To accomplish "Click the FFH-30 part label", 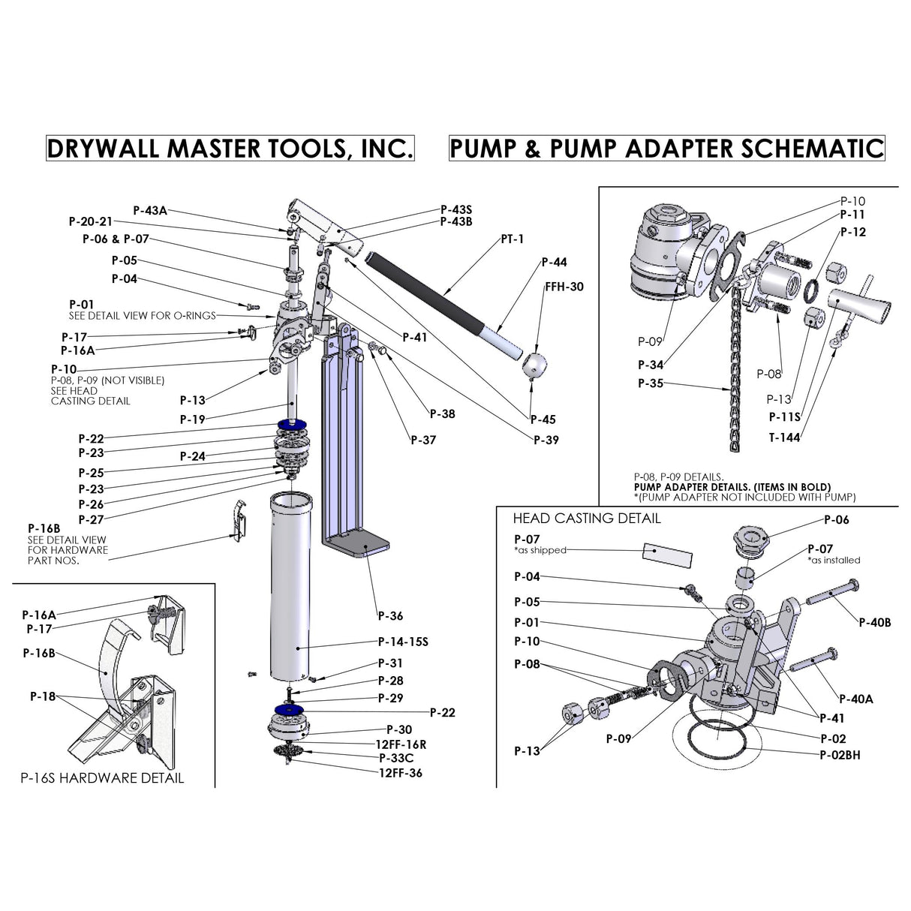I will point(564,287).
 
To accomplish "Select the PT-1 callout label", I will point(513,239).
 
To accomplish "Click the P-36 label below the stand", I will point(390,616).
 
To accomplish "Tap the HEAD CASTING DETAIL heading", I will point(587,519).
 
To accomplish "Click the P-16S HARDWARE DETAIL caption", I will point(101,778).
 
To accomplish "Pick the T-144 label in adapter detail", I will point(784,437).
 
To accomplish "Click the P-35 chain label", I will point(651,383).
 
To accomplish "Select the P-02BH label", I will point(840,755).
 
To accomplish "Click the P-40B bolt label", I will point(875,622).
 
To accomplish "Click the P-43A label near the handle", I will point(150,211).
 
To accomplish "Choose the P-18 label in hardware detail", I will point(43,696).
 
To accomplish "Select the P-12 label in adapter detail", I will point(852,233).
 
